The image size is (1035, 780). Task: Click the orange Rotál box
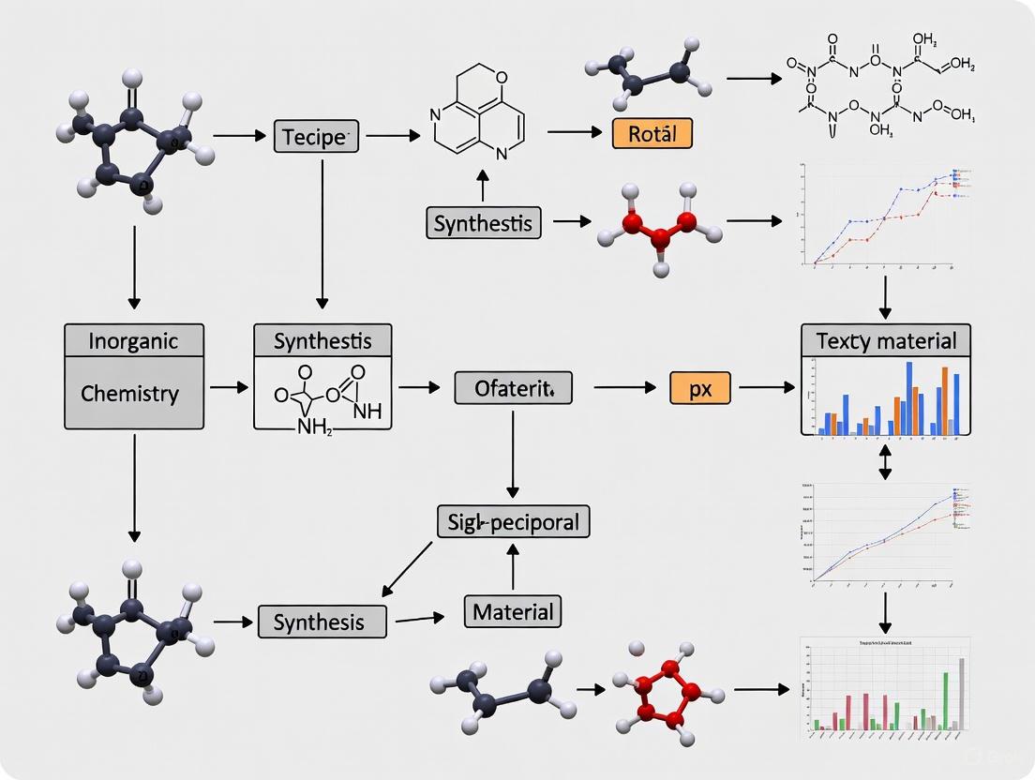tap(652, 133)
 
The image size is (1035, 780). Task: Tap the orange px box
tap(700, 387)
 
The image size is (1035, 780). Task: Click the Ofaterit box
tap(513, 387)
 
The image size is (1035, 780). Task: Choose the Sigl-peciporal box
tap(513, 521)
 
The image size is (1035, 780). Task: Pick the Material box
tap(513, 612)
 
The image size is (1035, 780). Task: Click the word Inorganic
tap(133, 340)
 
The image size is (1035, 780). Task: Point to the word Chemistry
tap(129, 393)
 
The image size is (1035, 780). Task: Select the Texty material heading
tap(886, 340)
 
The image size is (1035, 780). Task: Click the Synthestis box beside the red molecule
tap(484, 223)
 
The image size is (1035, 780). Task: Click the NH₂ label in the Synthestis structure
tap(315, 429)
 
